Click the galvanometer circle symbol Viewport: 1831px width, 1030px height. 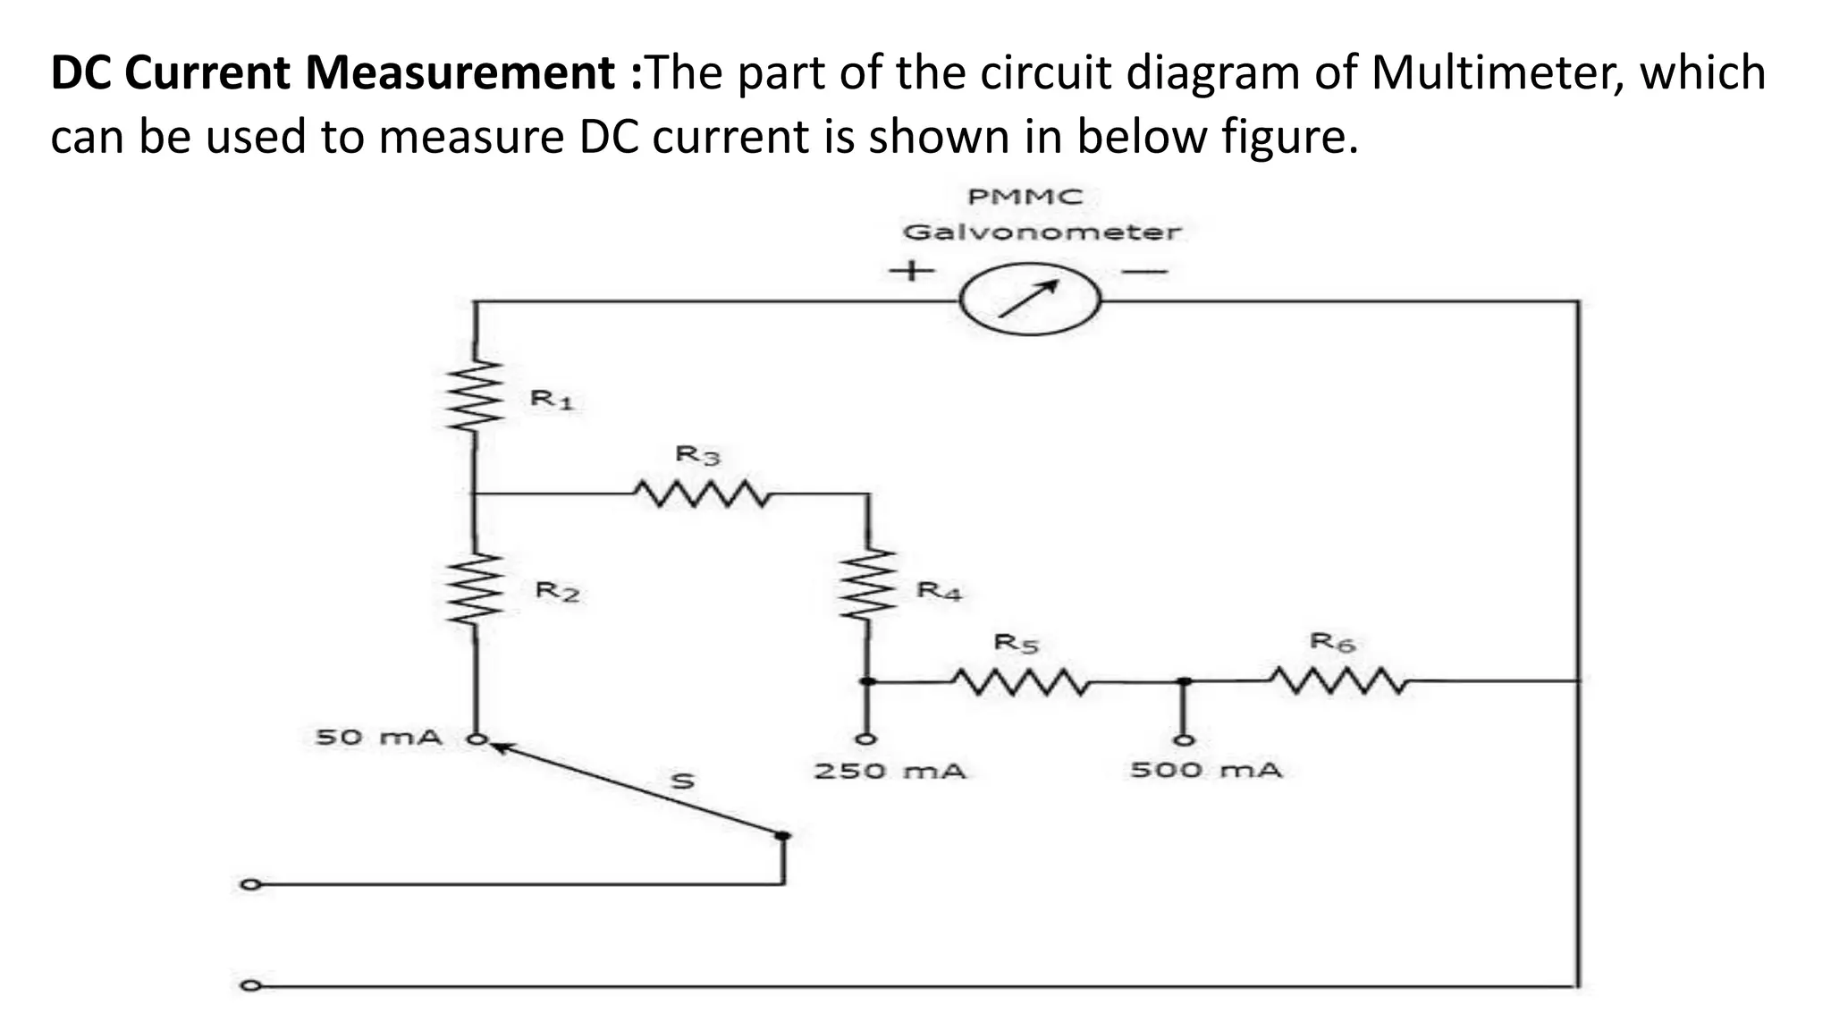click(x=1030, y=300)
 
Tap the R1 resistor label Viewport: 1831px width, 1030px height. click(x=552, y=399)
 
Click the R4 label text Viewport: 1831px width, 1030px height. click(x=939, y=591)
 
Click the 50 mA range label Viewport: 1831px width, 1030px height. click(x=379, y=738)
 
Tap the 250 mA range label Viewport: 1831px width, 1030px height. click(x=890, y=771)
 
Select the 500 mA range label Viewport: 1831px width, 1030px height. click(x=1205, y=770)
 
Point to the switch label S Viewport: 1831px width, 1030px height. click(x=682, y=781)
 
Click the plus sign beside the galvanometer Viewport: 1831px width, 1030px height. click(x=911, y=269)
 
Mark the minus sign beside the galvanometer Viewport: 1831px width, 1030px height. click(x=1145, y=270)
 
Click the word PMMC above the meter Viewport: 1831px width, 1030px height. click(x=1025, y=197)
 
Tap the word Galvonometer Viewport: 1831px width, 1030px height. click(x=1042, y=232)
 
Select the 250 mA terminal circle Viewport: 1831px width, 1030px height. click(x=865, y=739)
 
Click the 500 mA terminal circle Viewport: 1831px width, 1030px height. click(x=1183, y=739)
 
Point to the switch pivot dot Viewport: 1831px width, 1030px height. click(x=783, y=836)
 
